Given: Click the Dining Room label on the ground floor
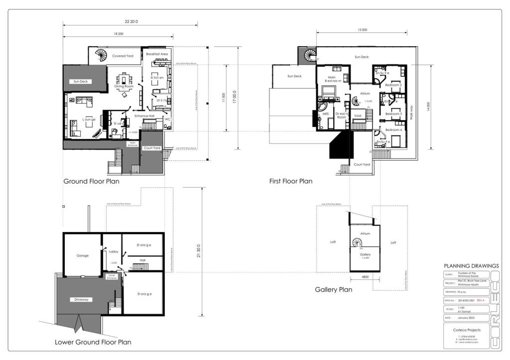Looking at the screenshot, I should pos(123,86).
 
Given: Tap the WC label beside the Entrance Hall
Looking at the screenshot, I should pos(167,119).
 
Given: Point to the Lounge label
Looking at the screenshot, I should pos(89,120).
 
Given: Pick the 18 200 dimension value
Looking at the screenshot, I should pos(118,33).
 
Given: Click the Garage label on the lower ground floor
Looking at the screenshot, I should pos(83,255).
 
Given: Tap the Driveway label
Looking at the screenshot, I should pos(82,299).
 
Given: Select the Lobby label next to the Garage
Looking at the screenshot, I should pos(113,252).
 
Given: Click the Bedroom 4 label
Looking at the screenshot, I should pos(393,130).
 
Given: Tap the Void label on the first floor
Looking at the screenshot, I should pos(357,116).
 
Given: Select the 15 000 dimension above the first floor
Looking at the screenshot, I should pos(362,30).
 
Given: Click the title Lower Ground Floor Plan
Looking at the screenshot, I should pos(93,342).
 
